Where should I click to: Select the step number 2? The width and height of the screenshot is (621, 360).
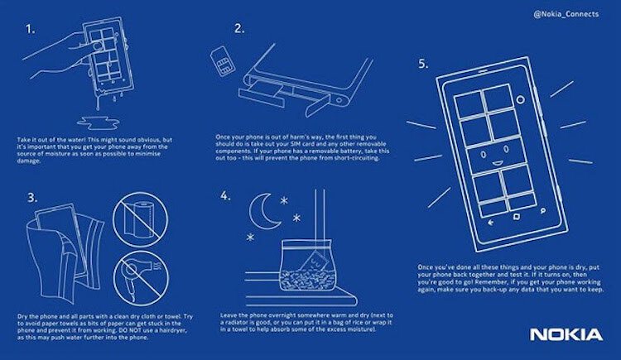pyautogui.click(x=239, y=29)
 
